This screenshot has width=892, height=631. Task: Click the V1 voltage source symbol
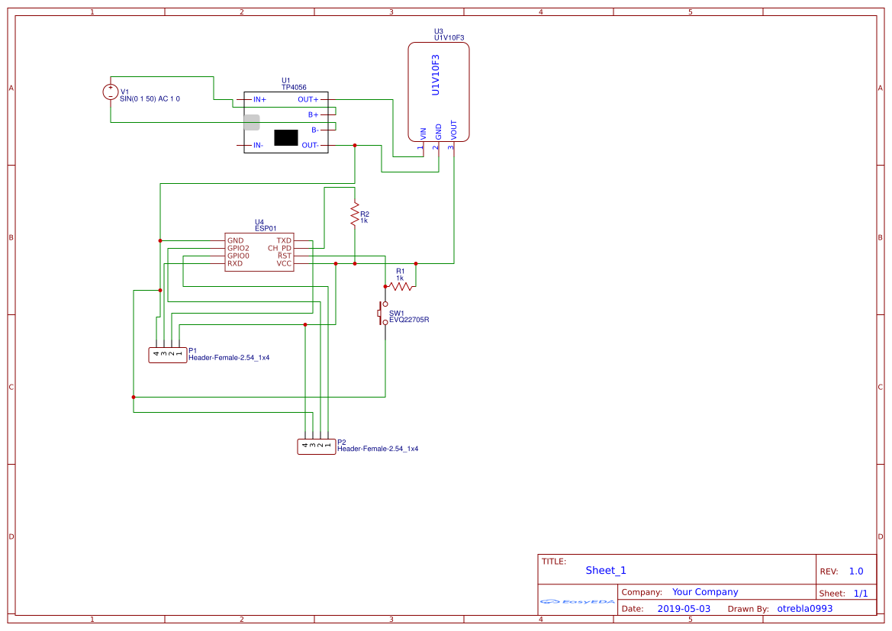[x=111, y=92]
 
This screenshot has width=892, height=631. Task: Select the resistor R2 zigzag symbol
[x=354, y=214]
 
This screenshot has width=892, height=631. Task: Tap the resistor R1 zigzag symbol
[x=400, y=286]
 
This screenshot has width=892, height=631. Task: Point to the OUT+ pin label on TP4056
[x=308, y=100]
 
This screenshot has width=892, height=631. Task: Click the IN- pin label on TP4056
[x=259, y=145]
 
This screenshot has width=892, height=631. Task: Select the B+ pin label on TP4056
[x=313, y=114]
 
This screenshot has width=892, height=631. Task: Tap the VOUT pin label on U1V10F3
[x=454, y=130]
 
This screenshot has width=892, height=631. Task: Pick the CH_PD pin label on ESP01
[x=279, y=248]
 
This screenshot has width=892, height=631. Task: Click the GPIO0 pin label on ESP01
[x=238, y=256]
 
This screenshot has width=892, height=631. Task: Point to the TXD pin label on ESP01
[x=284, y=240]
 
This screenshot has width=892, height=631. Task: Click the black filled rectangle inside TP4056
[x=285, y=137]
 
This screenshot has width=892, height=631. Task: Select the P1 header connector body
[x=167, y=354]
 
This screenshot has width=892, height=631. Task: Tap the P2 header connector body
[x=316, y=446]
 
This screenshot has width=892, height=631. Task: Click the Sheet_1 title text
[x=605, y=570]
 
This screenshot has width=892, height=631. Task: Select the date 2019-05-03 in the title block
[x=683, y=609]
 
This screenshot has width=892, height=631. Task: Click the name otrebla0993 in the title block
[x=804, y=609]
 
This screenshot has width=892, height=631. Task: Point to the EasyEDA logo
[x=578, y=601]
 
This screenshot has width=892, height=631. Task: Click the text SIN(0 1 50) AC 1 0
[x=150, y=99]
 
